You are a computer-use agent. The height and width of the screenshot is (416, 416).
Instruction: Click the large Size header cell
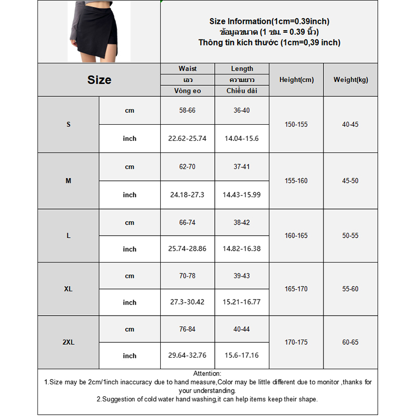click(99, 80)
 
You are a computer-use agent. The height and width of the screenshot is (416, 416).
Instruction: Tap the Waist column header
click(187, 69)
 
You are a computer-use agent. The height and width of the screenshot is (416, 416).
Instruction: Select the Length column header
click(242, 69)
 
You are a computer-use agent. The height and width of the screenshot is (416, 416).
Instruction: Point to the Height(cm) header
click(296, 80)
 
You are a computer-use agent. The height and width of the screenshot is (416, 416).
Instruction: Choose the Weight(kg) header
click(350, 80)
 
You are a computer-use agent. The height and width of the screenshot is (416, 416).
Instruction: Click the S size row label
click(68, 125)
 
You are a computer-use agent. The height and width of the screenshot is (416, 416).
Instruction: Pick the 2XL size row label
click(68, 343)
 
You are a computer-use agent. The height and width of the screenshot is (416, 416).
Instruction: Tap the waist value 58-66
click(187, 111)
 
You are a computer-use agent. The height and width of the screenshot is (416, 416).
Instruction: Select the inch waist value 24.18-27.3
click(187, 195)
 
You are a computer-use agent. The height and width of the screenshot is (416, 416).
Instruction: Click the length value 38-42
click(242, 223)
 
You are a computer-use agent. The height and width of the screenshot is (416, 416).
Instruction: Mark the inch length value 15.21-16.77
click(242, 303)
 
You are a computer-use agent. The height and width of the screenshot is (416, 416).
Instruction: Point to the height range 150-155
click(296, 125)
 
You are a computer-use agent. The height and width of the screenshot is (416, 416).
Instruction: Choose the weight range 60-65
click(350, 343)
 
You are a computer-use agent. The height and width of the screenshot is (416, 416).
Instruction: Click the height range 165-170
click(296, 289)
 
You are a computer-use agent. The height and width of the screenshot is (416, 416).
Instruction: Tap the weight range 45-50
click(350, 181)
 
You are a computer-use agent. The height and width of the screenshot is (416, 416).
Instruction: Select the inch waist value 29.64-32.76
click(187, 356)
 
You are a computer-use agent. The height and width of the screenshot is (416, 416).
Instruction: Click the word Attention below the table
click(207, 373)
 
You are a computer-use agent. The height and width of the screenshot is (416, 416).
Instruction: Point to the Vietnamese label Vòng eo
click(187, 91)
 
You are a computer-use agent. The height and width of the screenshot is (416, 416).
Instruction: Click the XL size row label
click(68, 289)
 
